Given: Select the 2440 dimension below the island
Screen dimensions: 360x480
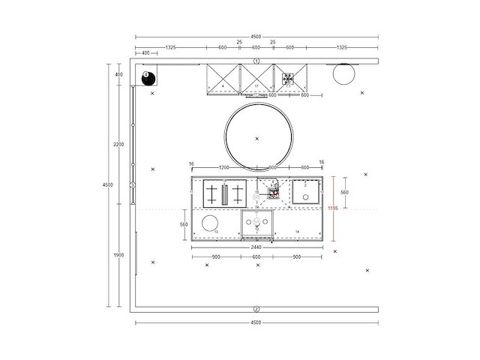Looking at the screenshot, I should pyautogui.click(x=257, y=244).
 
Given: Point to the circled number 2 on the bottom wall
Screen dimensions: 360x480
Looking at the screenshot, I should pyautogui.click(x=256, y=309).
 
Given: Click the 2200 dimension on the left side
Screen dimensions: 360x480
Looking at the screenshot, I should pyautogui.click(x=118, y=144).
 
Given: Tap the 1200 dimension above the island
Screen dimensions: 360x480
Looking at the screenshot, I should pyautogui.click(x=223, y=167).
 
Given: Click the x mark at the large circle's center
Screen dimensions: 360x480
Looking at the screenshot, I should pyautogui.click(x=257, y=139).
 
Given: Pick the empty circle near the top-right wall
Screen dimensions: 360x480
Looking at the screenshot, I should pyautogui.click(x=343, y=75).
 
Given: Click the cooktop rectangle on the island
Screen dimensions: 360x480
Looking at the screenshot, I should pyautogui.click(x=224, y=194).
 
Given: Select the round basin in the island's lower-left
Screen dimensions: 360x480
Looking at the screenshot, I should pyautogui.click(x=210, y=223).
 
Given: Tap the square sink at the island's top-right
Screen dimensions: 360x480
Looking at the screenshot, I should pyautogui.click(x=306, y=193).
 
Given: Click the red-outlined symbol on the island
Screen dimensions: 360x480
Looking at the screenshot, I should pyautogui.click(x=275, y=193).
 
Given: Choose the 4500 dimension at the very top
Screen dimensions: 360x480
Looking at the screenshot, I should pyautogui.click(x=256, y=35).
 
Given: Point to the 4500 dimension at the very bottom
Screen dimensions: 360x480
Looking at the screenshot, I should pyautogui.click(x=256, y=322).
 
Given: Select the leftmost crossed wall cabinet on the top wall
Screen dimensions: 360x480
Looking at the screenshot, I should pyautogui.click(x=223, y=79).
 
